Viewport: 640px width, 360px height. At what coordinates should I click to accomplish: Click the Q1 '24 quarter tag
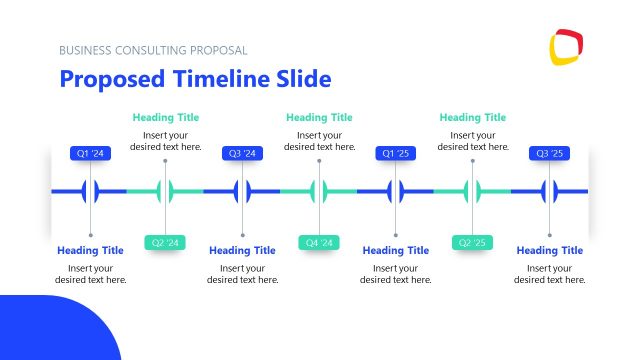pyautogui.click(x=90, y=154)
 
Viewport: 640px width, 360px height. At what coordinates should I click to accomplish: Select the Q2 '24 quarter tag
pyautogui.click(x=166, y=243)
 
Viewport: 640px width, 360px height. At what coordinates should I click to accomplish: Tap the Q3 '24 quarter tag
pyautogui.click(x=243, y=154)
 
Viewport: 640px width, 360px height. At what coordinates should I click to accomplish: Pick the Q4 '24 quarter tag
pyautogui.click(x=319, y=243)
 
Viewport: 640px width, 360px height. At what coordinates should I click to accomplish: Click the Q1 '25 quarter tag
pyautogui.click(x=396, y=154)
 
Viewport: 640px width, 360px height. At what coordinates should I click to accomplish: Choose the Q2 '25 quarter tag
pyautogui.click(x=473, y=243)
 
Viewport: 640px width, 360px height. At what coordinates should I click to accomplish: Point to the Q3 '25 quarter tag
pyautogui.click(x=550, y=154)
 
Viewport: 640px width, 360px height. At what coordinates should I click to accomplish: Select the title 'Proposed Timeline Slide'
pyautogui.click(x=195, y=79)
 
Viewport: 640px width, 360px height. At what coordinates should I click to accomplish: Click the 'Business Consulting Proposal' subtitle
pyautogui.click(x=153, y=50)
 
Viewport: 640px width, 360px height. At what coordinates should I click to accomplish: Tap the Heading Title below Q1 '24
pyautogui.click(x=90, y=251)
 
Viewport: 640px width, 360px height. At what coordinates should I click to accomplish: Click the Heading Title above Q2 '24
pyautogui.click(x=166, y=118)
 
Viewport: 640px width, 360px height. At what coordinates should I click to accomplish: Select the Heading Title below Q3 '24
pyautogui.click(x=243, y=251)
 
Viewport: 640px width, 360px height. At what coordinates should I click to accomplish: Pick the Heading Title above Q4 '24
pyautogui.click(x=319, y=118)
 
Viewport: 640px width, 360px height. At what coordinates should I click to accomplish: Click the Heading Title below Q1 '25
pyautogui.click(x=396, y=251)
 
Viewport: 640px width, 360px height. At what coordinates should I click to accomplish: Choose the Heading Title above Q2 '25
pyautogui.click(x=473, y=118)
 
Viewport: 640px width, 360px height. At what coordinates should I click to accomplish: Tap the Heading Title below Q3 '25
pyautogui.click(x=550, y=251)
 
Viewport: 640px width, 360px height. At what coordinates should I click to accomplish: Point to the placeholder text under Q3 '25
pyautogui.click(x=550, y=274)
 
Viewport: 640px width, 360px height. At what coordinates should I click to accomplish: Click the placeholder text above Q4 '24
pyautogui.click(x=319, y=141)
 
